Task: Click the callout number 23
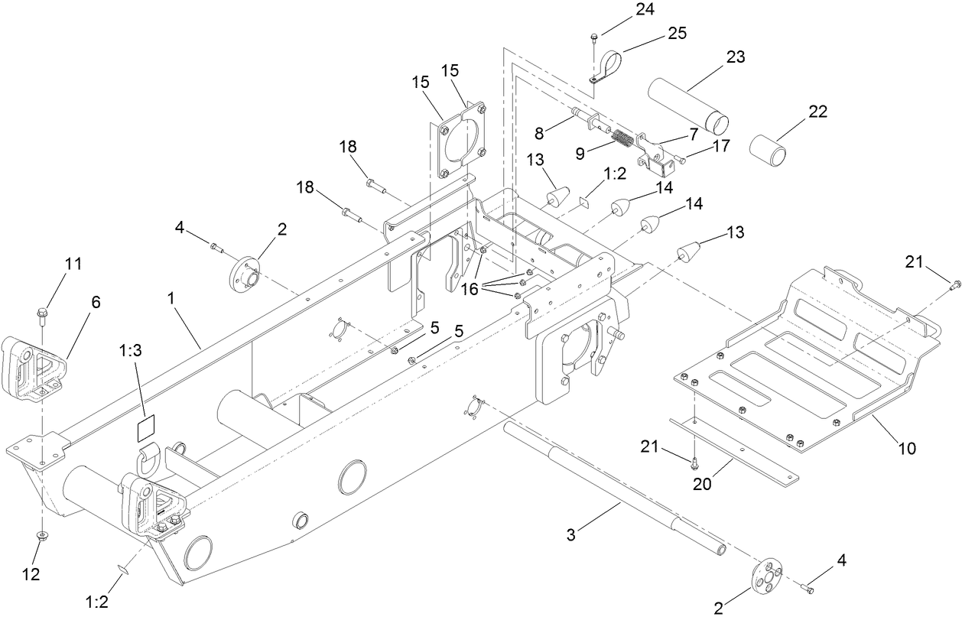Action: point(736,57)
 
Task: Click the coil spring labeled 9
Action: point(624,139)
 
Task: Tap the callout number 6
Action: point(96,303)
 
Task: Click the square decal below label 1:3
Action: point(145,428)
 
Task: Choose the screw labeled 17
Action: point(680,159)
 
